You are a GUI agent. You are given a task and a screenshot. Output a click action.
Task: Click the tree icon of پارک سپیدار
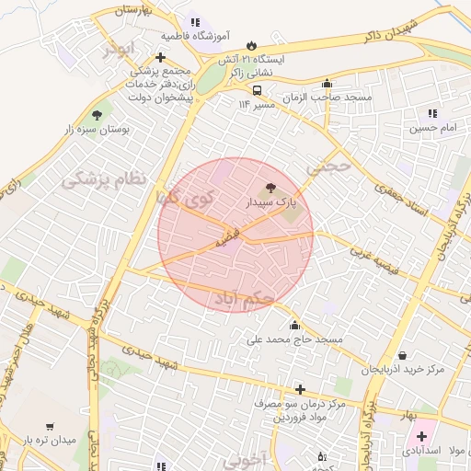(x=270, y=187)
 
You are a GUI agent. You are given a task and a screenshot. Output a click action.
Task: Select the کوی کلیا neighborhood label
(x=185, y=198)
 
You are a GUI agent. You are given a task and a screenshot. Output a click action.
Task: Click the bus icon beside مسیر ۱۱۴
(x=257, y=90)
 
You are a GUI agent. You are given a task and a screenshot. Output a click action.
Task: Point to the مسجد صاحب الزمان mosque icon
(x=327, y=84)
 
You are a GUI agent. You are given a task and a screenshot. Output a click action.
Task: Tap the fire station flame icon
(x=250, y=45)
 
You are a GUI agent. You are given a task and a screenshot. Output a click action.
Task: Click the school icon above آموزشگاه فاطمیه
(x=194, y=23)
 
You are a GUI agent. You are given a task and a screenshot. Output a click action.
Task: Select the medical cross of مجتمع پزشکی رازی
(x=160, y=57)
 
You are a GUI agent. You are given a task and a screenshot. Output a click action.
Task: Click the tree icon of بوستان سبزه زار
(x=97, y=115)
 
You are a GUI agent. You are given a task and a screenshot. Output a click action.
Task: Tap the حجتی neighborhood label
(x=330, y=168)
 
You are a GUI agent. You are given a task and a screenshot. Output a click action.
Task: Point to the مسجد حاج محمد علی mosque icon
(x=294, y=325)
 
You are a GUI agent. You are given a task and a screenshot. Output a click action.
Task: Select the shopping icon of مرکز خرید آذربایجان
(x=403, y=356)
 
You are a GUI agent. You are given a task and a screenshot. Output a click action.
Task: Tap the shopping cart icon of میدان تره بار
(x=49, y=427)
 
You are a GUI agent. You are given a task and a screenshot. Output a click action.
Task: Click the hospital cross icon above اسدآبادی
(x=421, y=435)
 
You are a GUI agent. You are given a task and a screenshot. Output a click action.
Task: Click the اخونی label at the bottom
(x=244, y=457)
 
